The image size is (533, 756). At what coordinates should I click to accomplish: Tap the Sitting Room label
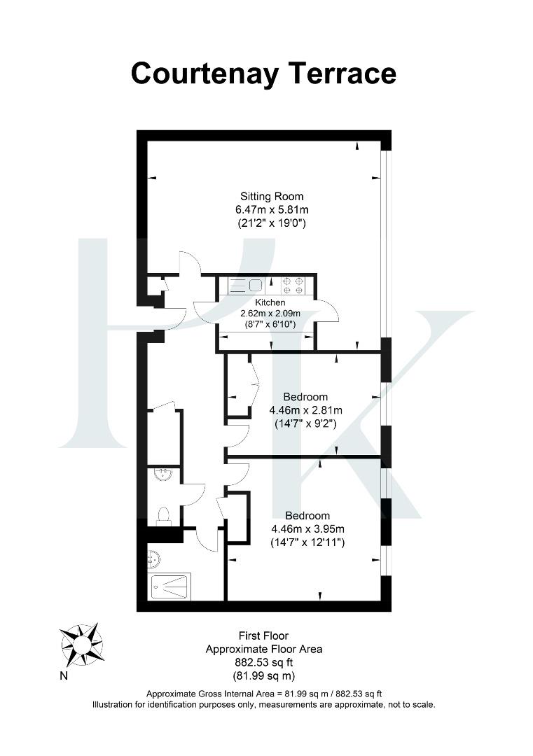[272, 196]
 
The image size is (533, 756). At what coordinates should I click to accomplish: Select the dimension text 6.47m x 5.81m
[272, 209]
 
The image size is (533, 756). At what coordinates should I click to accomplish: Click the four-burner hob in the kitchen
[293, 285]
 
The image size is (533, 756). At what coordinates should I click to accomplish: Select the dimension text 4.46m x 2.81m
[306, 411]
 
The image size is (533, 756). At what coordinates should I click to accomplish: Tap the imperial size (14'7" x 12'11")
[306, 542]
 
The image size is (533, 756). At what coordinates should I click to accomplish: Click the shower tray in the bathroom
[169, 585]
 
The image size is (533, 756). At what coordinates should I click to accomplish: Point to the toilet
[163, 516]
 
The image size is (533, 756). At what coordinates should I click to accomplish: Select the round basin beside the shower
[155, 559]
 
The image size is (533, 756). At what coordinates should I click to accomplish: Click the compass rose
[81, 642]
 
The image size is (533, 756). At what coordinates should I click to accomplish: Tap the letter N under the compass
[64, 675]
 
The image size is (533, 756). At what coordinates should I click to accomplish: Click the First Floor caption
[263, 636]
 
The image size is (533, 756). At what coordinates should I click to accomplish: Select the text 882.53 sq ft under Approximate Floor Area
[263, 662]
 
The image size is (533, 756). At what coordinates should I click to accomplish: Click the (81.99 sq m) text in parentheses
[263, 675]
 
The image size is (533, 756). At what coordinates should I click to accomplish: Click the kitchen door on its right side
[326, 312]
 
